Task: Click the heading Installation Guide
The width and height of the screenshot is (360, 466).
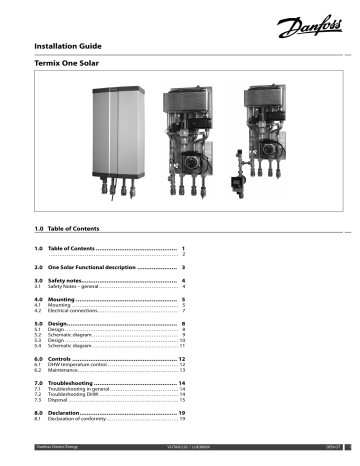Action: click(71, 47)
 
